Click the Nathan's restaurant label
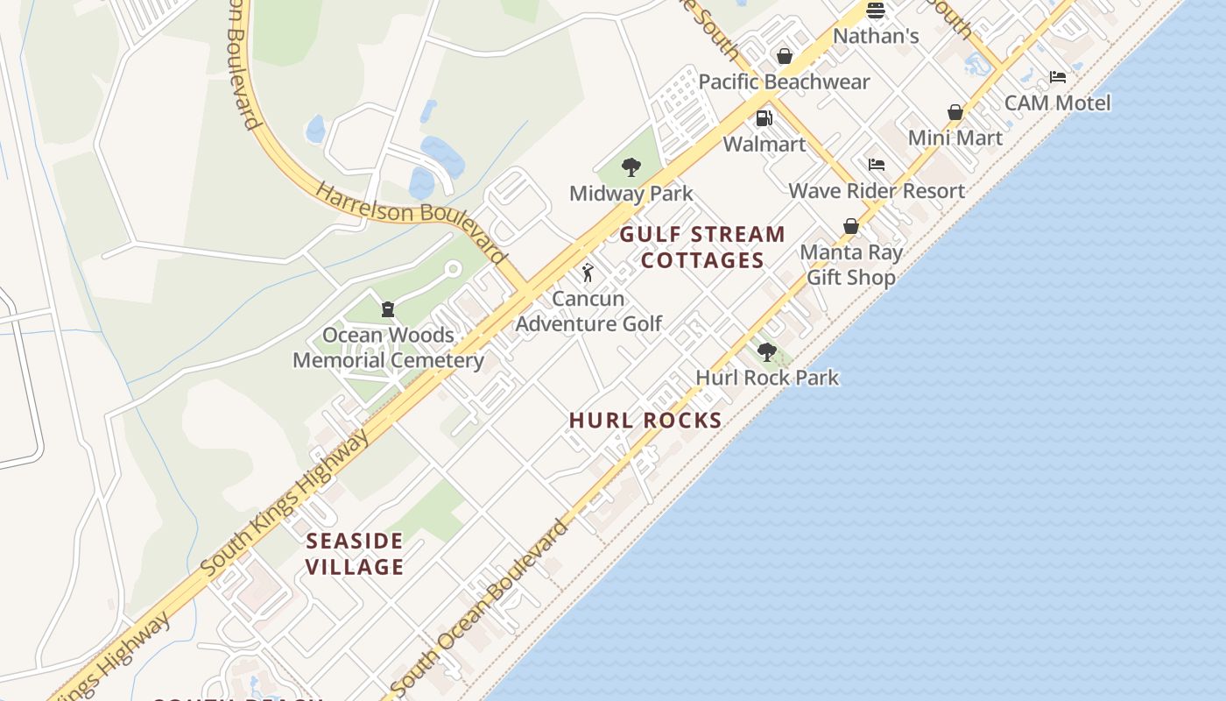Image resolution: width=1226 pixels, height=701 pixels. point(875,37)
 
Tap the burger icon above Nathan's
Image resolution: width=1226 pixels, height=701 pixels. point(875,11)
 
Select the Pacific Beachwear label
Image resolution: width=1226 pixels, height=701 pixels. point(784,82)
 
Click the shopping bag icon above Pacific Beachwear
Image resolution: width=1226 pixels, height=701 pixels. point(785,57)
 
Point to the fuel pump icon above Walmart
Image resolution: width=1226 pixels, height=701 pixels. point(764,118)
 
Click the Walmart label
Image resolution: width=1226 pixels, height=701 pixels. point(764,145)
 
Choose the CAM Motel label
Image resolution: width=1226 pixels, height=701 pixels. point(1057,103)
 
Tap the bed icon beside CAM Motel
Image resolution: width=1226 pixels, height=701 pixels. point(1058,77)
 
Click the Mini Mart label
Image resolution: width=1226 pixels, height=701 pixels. point(955,138)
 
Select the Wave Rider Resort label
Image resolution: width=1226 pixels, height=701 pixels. point(877,191)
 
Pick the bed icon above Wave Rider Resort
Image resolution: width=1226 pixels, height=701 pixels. point(876,165)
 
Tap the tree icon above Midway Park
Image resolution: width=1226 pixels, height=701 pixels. point(631,167)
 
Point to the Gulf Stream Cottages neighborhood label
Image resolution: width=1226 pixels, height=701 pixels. point(703,247)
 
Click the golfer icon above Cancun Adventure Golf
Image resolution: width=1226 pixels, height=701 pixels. point(588,273)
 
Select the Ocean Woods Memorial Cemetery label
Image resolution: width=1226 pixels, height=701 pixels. point(388,348)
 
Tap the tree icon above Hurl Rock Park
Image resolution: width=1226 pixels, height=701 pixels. point(767,352)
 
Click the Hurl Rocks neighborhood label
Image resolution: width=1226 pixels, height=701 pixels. point(645,421)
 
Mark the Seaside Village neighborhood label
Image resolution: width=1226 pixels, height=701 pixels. point(355,554)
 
